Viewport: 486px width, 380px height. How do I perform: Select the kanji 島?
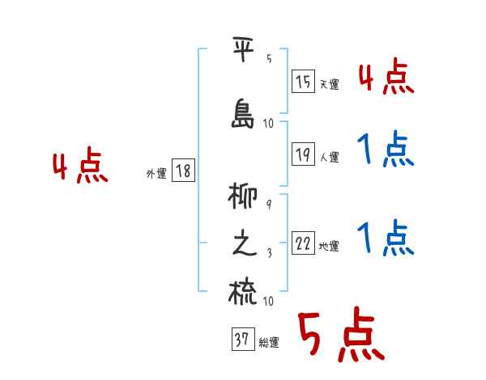244,113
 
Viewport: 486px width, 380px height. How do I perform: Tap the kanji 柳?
244,199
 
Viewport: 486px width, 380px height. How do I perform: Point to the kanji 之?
244,246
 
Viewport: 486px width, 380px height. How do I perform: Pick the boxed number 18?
183,171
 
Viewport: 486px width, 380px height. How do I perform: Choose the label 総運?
269,343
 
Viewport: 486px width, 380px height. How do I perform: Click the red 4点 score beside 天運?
386,78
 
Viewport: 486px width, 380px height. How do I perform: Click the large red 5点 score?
340,336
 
